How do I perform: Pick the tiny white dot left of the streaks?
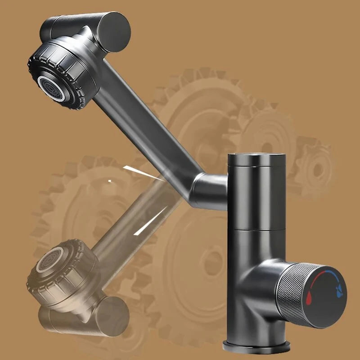[x=109, y=181]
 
